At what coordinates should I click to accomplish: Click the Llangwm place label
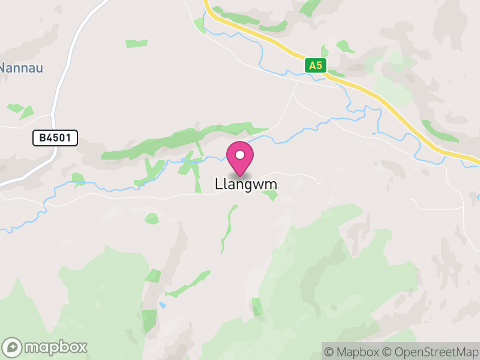246,184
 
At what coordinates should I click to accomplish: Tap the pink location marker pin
240,158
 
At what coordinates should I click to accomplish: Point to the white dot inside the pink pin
240,155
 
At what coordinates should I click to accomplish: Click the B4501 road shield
55,138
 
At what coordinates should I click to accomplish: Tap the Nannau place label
21,68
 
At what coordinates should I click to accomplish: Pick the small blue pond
163,305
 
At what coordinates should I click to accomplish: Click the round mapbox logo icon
13,347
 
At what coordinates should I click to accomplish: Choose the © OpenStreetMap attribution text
431,351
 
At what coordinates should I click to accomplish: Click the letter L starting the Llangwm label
218,184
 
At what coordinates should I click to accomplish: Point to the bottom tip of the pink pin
240,176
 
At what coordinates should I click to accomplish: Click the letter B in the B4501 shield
43,138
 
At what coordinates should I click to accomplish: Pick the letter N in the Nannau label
4,68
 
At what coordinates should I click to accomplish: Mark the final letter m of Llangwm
272,184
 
